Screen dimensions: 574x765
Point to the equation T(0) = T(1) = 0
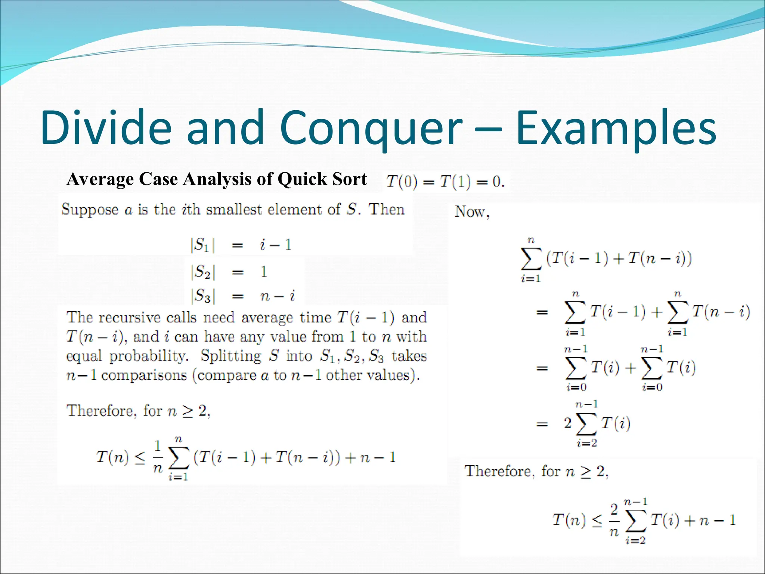pos(445,182)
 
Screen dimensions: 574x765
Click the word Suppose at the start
pos(90,210)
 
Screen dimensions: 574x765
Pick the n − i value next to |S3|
pos(277,296)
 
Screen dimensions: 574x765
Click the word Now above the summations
pos(471,212)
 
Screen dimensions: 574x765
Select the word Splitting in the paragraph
pos(231,356)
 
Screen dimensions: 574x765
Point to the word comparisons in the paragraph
pos(144,375)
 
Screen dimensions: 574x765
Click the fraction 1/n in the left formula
pos(158,457)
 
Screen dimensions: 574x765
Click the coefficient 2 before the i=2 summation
pos(568,423)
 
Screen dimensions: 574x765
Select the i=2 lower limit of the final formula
pos(635,540)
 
